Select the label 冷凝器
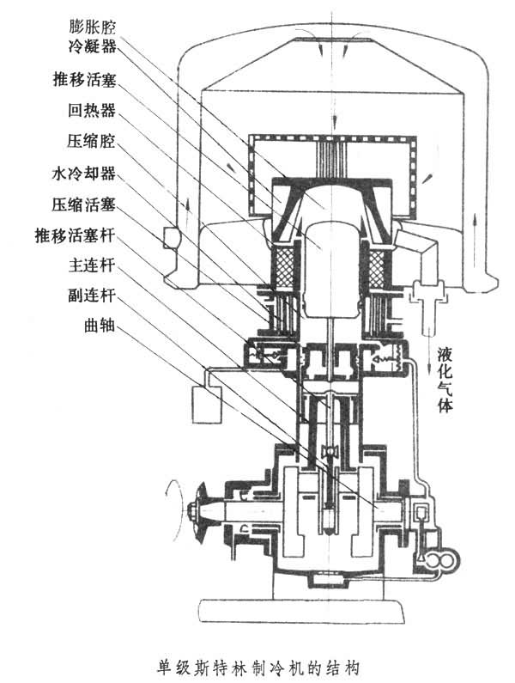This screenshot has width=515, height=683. click(89, 42)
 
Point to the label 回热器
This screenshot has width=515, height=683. click(89, 111)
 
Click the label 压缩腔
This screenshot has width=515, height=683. click(89, 141)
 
